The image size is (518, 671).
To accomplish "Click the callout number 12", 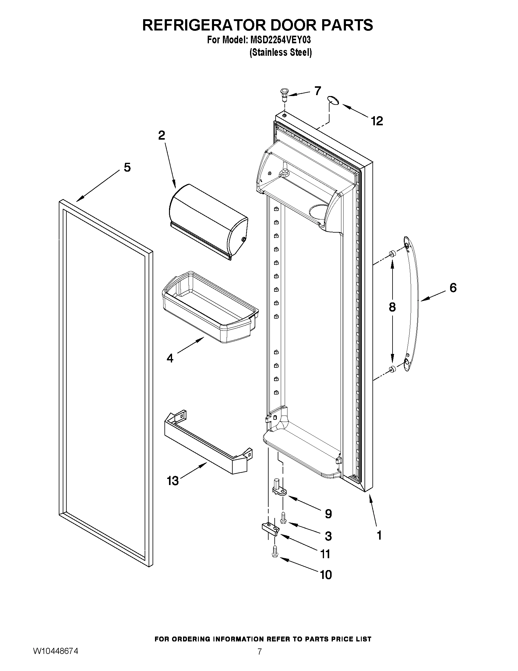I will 377,121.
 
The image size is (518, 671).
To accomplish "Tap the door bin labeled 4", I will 210,307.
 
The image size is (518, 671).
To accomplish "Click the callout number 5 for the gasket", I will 127,167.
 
